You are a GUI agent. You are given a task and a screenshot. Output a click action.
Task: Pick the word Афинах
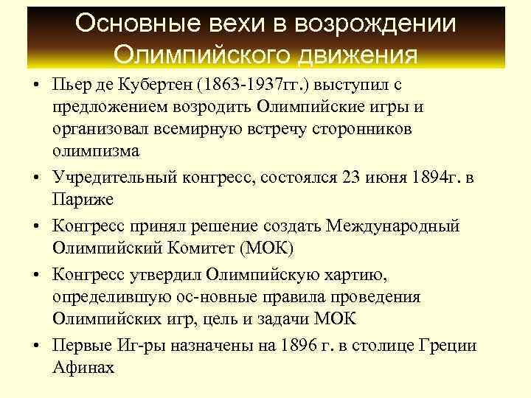click(x=84, y=368)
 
